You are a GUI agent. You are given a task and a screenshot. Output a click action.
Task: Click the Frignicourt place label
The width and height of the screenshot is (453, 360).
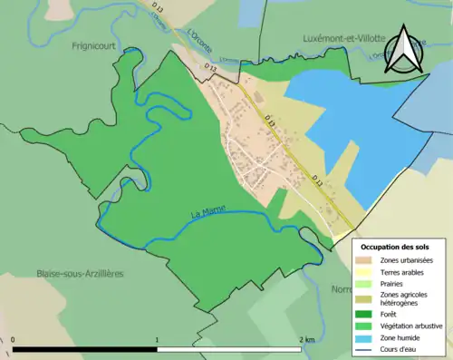[x=92, y=43]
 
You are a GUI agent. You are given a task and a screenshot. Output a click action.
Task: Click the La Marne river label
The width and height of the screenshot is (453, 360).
[x=207, y=213]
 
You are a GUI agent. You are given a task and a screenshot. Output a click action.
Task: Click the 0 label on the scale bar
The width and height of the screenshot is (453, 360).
[x=14, y=340]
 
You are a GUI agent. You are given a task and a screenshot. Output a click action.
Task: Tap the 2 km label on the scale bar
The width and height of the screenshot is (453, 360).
[x=308, y=340]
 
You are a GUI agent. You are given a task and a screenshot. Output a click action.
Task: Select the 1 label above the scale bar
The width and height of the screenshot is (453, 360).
[x=159, y=340]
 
